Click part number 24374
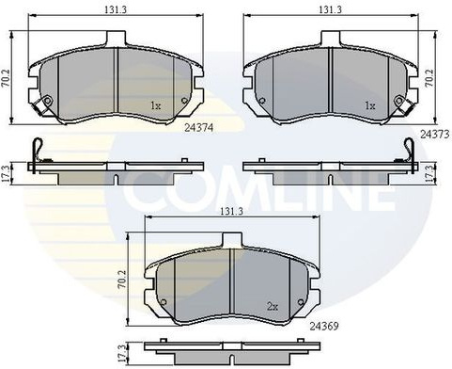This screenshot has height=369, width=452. [x=199, y=128]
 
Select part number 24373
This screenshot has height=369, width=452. [x=435, y=135]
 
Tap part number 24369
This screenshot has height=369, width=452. [x=324, y=327]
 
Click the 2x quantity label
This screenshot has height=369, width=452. [x=273, y=306]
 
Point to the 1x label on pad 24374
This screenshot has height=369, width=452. [x=155, y=105]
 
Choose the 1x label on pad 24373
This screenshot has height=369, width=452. [x=370, y=105]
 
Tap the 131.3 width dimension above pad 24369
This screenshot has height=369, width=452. [x=231, y=211]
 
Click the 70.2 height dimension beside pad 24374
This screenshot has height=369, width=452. [x=7, y=77]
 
